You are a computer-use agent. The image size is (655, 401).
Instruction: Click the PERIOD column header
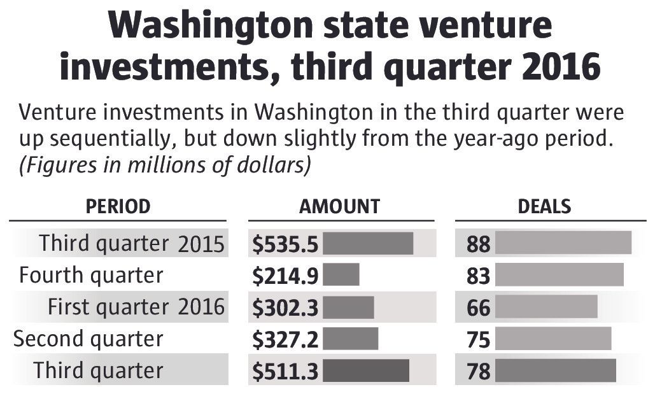pyautogui.click(x=118, y=206)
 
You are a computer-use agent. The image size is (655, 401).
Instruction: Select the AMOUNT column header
pyautogui.click(x=339, y=206)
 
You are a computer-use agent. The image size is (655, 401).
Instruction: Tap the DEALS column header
pyautogui.click(x=544, y=206)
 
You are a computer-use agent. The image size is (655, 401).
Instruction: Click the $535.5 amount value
pyautogui.click(x=285, y=244)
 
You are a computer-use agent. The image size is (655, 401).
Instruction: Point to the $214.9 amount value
pyautogui.click(x=285, y=276)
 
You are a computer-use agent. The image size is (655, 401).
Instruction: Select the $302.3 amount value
pyautogui.click(x=285, y=307)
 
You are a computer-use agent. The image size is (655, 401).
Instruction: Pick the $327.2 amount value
pyautogui.click(x=285, y=339)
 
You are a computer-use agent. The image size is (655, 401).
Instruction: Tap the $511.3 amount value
pyautogui.click(x=285, y=371)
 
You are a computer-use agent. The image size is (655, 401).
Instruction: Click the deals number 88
pyautogui.click(x=479, y=244)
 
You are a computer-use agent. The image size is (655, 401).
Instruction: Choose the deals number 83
pyautogui.click(x=479, y=276)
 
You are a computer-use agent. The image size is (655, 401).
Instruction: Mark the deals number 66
pyautogui.click(x=479, y=308)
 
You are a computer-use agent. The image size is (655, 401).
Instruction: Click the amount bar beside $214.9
pyautogui.click(x=341, y=275)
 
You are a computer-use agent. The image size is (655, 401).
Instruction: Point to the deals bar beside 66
pyautogui.click(x=546, y=307)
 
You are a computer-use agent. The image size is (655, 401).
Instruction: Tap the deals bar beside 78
pyautogui.click(x=555, y=370)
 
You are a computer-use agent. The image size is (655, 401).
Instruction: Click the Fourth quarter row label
pyautogui.click(x=91, y=275)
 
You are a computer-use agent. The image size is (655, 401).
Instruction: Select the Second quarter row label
pyautogui.click(x=88, y=339)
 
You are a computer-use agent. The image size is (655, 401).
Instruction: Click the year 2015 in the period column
pyautogui.click(x=201, y=244)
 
